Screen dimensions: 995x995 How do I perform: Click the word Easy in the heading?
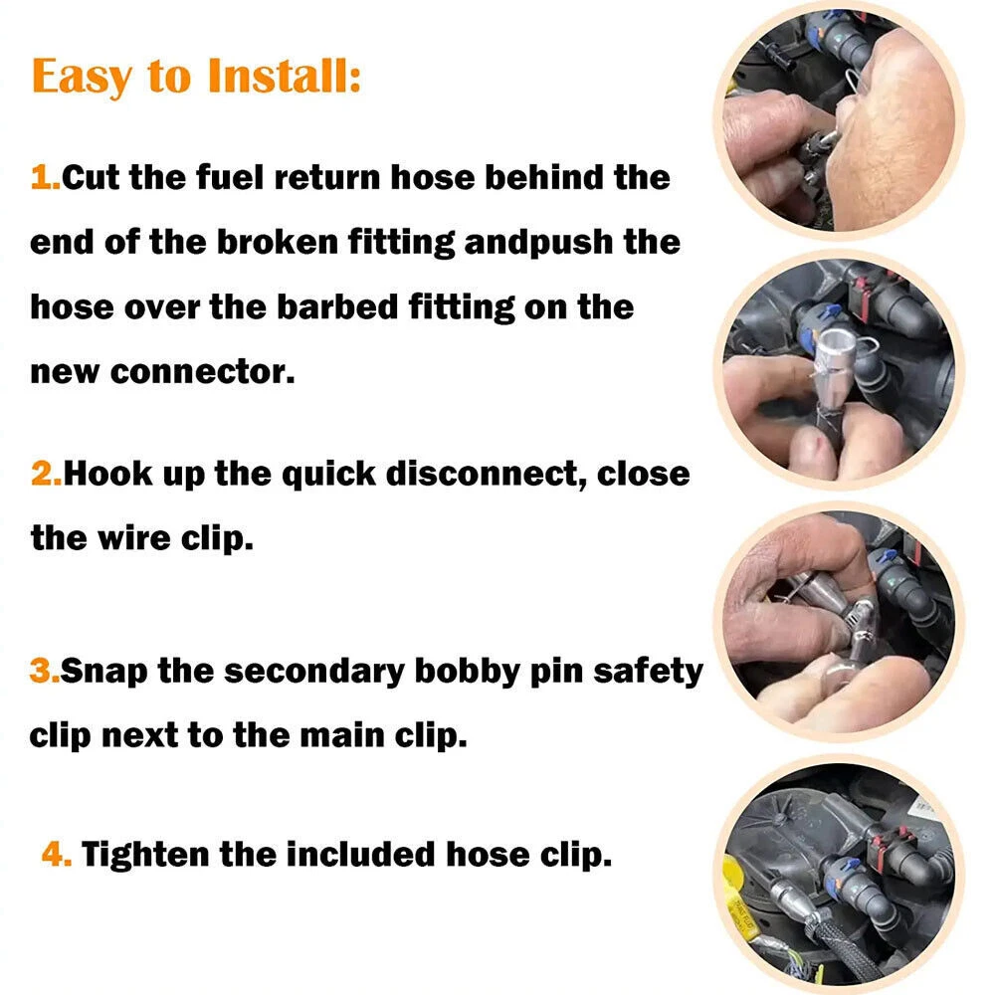pos(82,78)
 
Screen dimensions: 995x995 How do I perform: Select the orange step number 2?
pos(46,474)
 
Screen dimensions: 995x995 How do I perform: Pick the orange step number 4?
pos(56,854)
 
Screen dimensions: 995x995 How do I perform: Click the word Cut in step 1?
pos(91,177)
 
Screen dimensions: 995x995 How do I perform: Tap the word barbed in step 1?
pos(336,306)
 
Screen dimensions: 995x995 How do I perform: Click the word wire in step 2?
pos(134,538)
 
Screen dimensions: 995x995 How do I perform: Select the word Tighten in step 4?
pos(145,854)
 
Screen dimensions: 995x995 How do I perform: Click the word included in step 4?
pos(360,854)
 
